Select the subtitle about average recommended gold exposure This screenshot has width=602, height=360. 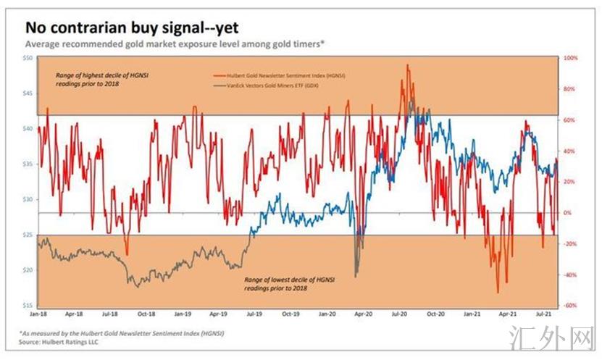point(164,45)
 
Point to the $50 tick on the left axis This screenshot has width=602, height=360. point(28,57)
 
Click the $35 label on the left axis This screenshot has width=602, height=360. point(28,164)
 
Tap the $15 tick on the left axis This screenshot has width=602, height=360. point(28,305)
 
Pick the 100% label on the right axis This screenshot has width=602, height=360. point(570,58)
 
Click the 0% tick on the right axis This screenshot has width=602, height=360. point(567,213)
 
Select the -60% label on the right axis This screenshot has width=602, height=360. point(569,306)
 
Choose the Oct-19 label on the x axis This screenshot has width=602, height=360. point(290,315)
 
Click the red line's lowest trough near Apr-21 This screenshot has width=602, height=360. point(498,293)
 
